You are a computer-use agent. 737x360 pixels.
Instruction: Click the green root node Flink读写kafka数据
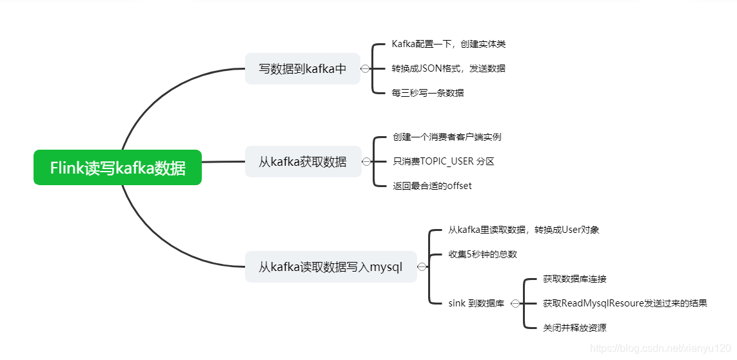(x=117, y=168)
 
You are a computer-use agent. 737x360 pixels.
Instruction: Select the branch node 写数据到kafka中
(x=302, y=68)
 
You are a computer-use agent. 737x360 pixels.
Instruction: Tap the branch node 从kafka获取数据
(x=302, y=161)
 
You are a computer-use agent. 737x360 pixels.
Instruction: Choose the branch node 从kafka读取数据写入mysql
(x=330, y=266)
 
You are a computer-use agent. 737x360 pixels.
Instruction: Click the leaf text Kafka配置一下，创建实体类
(x=449, y=44)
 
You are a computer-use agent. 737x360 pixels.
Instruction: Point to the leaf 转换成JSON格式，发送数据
(x=448, y=68)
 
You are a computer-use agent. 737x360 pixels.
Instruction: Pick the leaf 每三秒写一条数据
(x=427, y=92)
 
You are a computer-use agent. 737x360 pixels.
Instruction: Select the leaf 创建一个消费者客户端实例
(x=447, y=137)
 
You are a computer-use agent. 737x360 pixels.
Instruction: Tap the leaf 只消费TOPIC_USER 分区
(x=443, y=161)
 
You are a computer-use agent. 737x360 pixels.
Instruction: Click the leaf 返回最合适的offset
(x=432, y=186)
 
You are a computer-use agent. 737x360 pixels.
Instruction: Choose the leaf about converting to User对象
(x=524, y=230)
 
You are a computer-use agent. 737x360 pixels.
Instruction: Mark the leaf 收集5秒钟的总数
(x=482, y=254)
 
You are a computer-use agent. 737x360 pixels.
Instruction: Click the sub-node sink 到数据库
(x=476, y=303)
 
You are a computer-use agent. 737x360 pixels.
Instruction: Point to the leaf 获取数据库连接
(x=575, y=279)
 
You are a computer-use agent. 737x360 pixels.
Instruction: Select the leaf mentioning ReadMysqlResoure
(x=625, y=303)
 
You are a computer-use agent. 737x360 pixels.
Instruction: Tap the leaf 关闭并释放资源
(x=575, y=328)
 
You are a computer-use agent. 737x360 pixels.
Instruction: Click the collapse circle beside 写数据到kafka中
(x=366, y=68)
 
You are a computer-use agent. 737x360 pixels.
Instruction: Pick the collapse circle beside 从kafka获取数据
(x=366, y=161)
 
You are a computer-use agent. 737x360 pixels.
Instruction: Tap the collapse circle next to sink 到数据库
(x=515, y=303)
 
